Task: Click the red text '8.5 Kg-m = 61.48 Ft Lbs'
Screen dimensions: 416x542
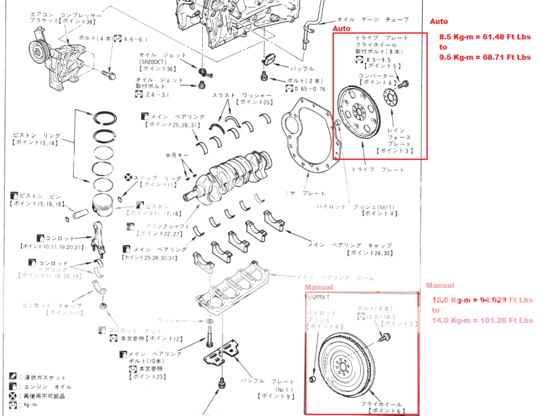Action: coord(484,36)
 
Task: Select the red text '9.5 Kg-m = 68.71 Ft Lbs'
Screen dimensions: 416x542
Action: coord(484,58)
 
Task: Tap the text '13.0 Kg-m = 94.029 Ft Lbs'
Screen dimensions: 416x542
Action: coord(482,299)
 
